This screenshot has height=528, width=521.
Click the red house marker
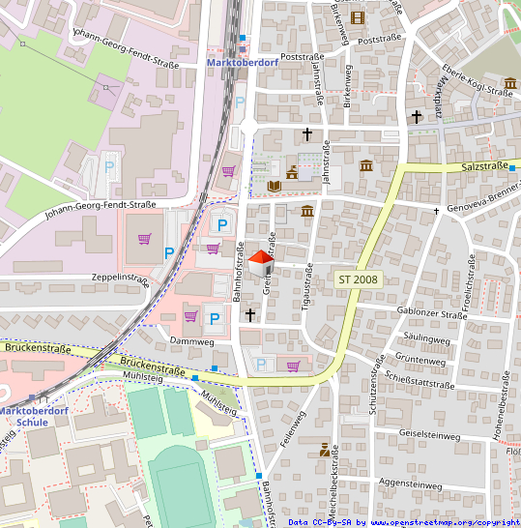tap(260, 258)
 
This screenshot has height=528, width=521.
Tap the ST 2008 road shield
tap(359, 279)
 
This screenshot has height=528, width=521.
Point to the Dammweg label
tap(190, 341)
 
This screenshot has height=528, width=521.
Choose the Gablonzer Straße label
tap(432, 314)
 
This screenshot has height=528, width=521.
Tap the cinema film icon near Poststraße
tap(359, 17)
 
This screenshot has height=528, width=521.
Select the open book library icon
tap(274, 185)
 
